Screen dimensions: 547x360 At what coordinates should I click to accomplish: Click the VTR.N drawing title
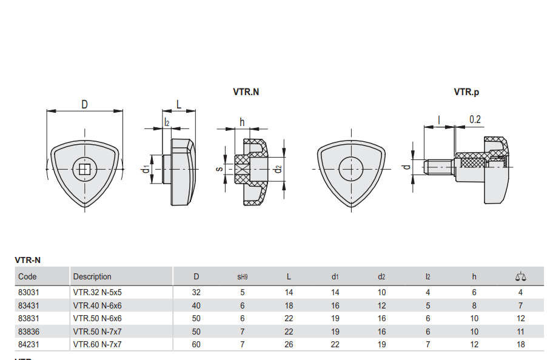(x=246, y=92)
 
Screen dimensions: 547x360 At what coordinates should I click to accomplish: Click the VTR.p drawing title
(x=466, y=92)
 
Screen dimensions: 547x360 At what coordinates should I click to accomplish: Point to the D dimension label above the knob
(x=84, y=104)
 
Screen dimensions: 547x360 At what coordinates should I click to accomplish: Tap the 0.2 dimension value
(x=475, y=119)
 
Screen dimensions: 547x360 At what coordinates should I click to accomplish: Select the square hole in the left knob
(x=84, y=169)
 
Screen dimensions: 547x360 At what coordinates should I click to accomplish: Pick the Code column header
(x=27, y=277)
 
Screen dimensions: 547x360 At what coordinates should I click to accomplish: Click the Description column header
(x=92, y=277)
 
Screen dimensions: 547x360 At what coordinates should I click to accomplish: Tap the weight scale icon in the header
(x=520, y=277)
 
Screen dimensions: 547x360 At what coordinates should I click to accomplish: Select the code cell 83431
(x=29, y=305)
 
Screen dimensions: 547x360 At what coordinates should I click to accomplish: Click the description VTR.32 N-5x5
(x=97, y=292)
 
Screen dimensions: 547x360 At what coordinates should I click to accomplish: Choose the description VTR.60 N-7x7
(x=97, y=344)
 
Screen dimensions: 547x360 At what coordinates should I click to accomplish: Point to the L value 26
(x=289, y=344)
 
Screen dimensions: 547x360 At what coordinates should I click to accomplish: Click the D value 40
(x=196, y=305)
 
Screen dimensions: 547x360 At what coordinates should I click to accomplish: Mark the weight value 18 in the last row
(x=520, y=344)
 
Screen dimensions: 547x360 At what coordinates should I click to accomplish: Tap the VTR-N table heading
(x=27, y=261)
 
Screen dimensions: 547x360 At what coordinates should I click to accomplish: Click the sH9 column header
(x=242, y=277)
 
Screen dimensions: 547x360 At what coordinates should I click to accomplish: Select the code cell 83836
(x=29, y=332)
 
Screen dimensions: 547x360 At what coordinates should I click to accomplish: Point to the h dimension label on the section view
(x=242, y=122)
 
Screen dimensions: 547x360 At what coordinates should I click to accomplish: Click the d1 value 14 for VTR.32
(x=335, y=292)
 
